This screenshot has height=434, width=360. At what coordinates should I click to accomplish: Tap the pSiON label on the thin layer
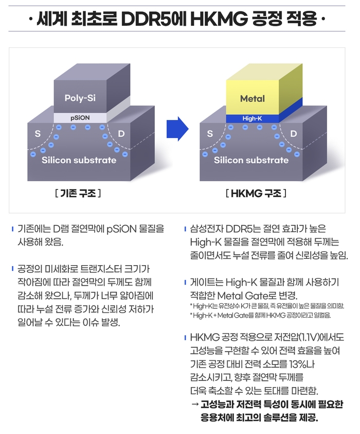click(80, 118)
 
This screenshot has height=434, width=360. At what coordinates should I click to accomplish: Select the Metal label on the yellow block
click(253, 98)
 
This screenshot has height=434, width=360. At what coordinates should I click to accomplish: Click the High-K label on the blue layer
click(252, 118)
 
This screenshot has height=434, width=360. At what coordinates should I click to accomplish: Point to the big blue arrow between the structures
click(176, 128)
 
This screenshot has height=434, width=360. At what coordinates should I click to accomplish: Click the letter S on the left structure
click(38, 134)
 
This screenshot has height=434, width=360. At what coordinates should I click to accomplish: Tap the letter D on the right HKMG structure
click(294, 134)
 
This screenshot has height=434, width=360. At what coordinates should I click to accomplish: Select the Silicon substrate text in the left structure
click(79, 160)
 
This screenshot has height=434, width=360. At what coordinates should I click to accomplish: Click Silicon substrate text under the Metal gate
click(251, 160)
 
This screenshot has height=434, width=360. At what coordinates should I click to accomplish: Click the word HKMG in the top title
click(217, 22)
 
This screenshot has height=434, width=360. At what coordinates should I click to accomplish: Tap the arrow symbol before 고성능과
click(195, 404)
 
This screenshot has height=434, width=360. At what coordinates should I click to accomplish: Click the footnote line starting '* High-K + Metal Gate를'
click(260, 315)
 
